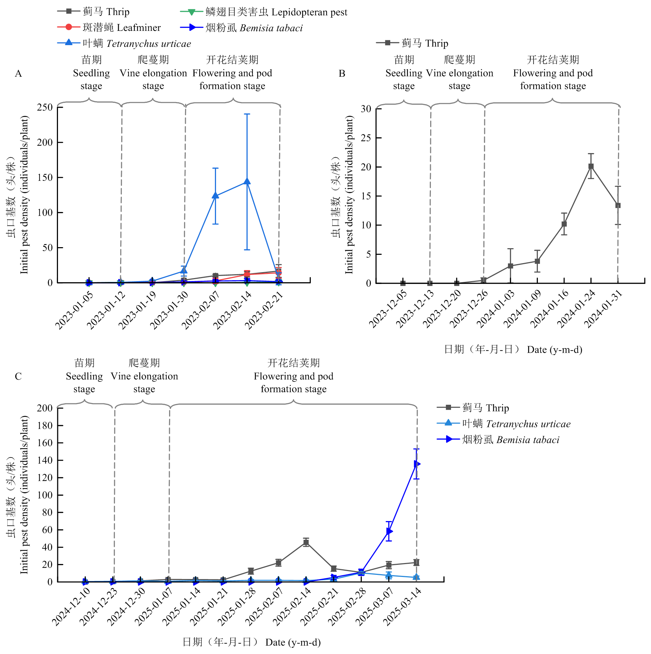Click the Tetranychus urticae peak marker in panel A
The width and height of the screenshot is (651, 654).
click(x=247, y=181)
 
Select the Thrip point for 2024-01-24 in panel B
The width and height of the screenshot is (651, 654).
click(x=591, y=166)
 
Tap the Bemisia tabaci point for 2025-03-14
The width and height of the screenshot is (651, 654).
click(x=417, y=464)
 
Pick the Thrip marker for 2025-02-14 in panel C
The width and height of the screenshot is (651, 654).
click(x=306, y=542)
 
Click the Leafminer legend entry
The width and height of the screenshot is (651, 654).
click(x=109, y=27)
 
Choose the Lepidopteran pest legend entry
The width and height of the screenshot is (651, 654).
click(x=264, y=12)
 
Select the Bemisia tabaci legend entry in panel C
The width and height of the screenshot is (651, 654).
click(x=498, y=440)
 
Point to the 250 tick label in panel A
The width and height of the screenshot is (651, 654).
click(x=45, y=107)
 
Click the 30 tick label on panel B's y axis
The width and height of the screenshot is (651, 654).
click(x=366, y=109)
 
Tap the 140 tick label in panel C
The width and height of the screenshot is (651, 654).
click(x=45, y=460)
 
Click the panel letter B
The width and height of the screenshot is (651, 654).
click(x=342, y=74)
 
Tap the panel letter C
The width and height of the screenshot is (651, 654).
click(x=18, y=377)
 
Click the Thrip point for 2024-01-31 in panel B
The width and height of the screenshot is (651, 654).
click(x=618, y=206)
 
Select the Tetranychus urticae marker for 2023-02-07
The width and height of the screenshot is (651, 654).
click(x=215, y=195)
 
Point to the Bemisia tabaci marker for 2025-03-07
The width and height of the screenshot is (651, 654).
click(x=389, y=531)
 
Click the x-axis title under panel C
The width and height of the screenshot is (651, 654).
click(x=252, y=642)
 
